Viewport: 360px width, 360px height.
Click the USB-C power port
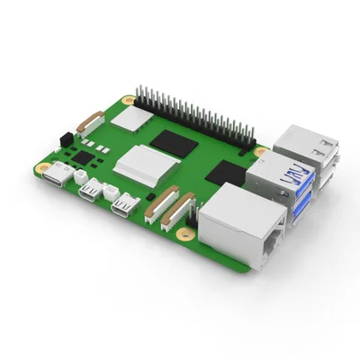click(x=59, y=176)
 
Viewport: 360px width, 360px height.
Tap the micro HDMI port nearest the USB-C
click(x=91, y=191)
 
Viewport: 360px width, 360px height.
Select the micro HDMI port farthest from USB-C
click(x=123, y=207)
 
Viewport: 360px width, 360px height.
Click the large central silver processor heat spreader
click(x=145, y=162)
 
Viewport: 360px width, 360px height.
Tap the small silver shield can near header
click(x=136, y=115)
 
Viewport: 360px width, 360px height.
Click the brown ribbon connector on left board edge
click(x=91, y=122)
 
